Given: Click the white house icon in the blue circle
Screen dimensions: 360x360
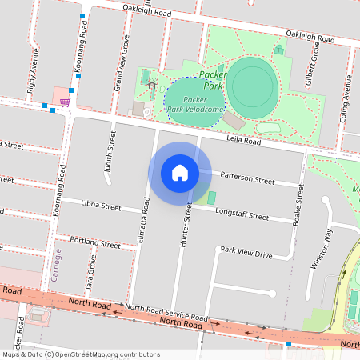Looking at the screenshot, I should click(x=180, y=173).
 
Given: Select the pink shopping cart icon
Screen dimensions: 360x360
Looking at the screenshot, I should click(x=64, y=102).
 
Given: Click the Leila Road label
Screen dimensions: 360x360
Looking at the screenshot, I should click(x=244, y=141).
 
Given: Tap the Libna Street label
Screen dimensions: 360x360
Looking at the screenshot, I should click(x=101, y=206).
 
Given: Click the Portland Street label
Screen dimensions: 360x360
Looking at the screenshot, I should click(x=94, y=241).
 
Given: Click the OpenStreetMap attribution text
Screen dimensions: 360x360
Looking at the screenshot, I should click(x=81, y=354).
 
